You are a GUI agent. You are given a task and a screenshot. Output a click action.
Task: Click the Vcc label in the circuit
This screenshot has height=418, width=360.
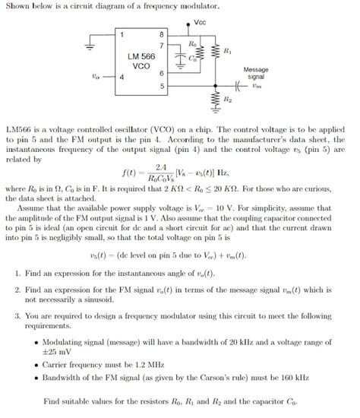(x=200, y=22)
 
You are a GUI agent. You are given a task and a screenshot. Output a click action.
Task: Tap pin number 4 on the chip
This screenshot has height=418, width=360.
(x=122, y=76)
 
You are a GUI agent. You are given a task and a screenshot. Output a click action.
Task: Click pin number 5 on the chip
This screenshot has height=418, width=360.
(x=159, y=85)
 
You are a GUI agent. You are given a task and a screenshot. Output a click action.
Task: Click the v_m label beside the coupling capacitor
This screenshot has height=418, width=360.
(x=256, y=85)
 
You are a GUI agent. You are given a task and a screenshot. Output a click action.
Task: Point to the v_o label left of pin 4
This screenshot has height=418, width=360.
(x=93, y=76)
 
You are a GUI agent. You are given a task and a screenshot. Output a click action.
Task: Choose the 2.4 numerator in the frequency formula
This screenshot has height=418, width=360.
(x=161, y=166)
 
